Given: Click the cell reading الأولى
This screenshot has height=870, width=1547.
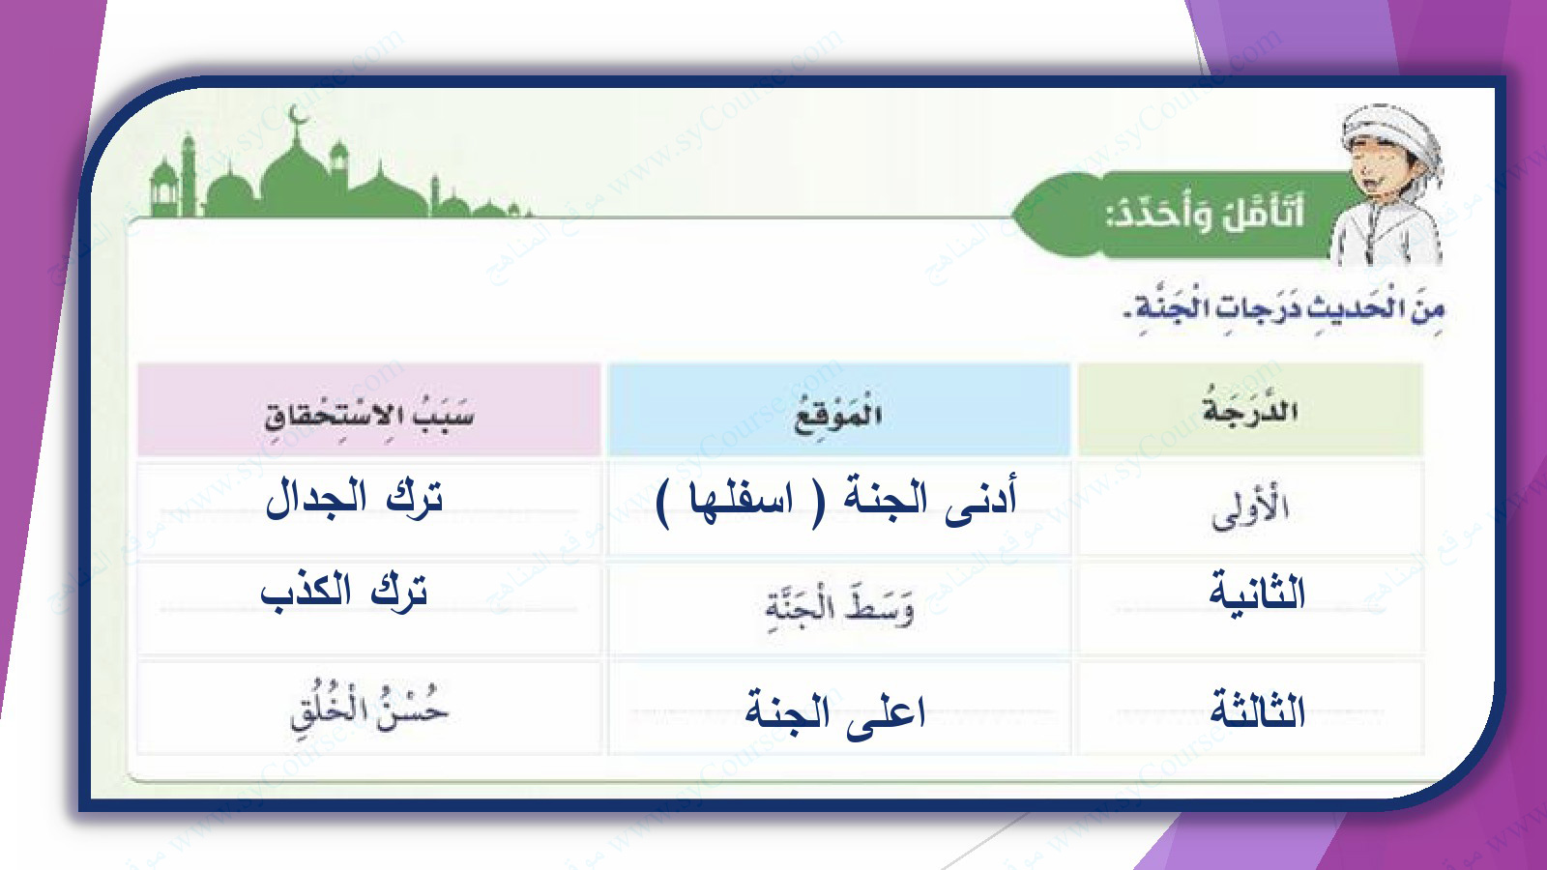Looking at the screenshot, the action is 1250,511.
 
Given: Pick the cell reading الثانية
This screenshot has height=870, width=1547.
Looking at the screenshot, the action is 1257,593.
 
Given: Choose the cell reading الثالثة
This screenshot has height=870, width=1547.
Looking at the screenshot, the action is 1257,710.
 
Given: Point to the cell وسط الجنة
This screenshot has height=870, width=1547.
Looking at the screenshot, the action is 838,609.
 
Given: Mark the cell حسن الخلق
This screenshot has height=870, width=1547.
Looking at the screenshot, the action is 368,709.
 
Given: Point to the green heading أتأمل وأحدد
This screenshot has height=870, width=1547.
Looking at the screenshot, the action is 1205,214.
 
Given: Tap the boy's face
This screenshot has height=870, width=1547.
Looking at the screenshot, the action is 1374,174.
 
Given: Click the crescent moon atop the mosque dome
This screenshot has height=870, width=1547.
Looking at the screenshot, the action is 298,115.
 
